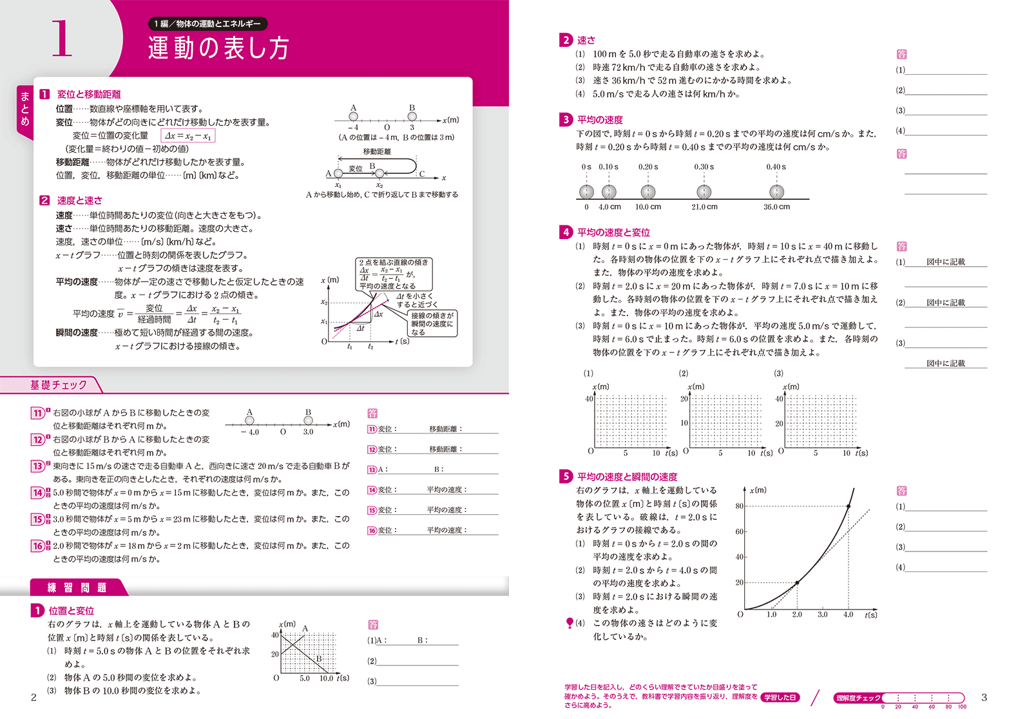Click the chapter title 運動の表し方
click(x=218, y=48)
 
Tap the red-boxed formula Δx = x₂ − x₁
click(x=187, y=136)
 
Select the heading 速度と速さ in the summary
click(x=79, y=200)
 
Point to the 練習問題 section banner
click(x=77, y=588)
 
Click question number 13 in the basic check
click(x=38, y=466)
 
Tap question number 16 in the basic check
click(x=38, y=546)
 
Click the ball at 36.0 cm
click(x=777, y=191)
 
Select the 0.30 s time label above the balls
click(x=704, y=167)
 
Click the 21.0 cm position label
click(x=704, y=207)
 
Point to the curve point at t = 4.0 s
click(x=848, y=506)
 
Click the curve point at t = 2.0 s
click(x=797, y=582)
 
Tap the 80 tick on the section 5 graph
click(x=739, y=506)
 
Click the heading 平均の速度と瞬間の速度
click(x=627, y=477)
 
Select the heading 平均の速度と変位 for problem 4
click(x=613, y=233)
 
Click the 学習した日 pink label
click(x=780, y=698)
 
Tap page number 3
click(x=984, y=697)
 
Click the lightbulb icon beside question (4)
click(x=570, y=623)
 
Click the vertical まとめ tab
click(x=25, y=108)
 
